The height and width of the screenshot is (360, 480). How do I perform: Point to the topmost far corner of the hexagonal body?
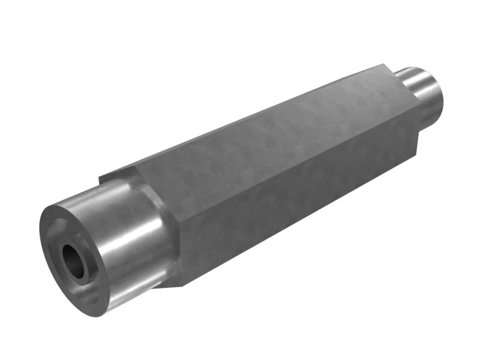(384, 64)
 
